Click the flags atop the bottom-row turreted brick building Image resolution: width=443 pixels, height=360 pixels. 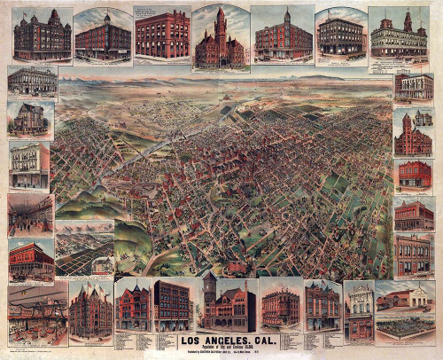pos(91,286)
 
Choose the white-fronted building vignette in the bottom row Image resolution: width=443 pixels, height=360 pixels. pos(359,310)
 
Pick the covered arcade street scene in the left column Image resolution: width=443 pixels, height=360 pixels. pos(31,214)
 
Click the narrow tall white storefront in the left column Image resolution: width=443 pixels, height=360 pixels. pos(29,165)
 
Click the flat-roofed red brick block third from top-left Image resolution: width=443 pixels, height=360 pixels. pos(164,34)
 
